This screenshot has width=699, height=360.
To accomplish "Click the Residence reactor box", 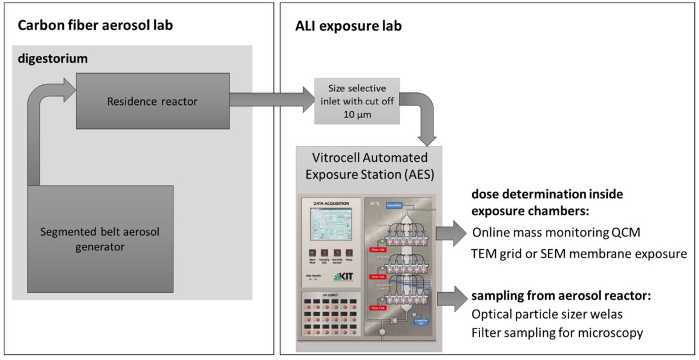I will click(152, 102).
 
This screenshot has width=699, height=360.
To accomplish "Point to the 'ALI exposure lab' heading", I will click(349, 26).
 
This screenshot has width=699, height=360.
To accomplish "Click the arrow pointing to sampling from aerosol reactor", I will click(452, 298).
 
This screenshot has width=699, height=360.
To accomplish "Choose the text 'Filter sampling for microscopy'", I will click(557, 332).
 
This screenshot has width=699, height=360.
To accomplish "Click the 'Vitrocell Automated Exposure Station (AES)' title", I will click(369, 165).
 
